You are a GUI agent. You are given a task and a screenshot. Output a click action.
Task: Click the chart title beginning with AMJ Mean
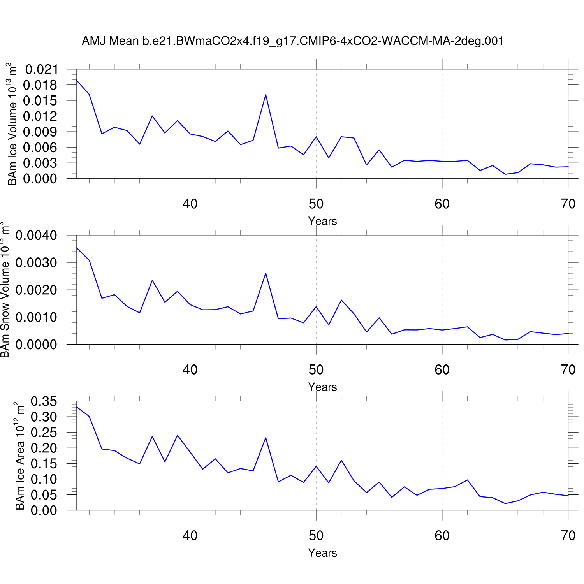(293, 41)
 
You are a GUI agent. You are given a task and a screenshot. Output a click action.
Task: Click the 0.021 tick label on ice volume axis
(41, 70)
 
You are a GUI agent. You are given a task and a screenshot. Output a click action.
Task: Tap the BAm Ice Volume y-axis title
(12, 124)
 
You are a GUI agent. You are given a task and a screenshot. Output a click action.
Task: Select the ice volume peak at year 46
(266, 95)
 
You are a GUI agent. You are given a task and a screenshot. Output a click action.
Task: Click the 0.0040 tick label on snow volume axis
(36, 236)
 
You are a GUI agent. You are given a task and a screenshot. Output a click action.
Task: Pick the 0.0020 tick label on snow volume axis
(36, 290)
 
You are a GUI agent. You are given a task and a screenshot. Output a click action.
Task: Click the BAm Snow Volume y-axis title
(5, 290)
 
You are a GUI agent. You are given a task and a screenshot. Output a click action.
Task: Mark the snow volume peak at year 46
(266, 273)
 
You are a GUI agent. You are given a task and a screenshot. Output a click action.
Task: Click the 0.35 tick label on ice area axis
(44, 401)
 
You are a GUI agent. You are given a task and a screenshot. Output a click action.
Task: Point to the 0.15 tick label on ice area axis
(44, 464)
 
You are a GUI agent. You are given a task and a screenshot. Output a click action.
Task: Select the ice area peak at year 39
(178, 435)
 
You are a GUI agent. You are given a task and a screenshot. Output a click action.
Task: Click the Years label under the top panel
(322, 221)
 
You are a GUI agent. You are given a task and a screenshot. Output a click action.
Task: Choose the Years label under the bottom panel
(322, 553)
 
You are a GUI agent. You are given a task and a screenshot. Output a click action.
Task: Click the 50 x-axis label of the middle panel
(316, 369)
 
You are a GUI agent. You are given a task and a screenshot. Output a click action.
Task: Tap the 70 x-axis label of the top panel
(568, 204)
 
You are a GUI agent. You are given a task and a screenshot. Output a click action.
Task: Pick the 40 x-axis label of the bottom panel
(190, 536)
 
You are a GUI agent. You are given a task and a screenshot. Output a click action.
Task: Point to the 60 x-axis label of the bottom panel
(442, 536)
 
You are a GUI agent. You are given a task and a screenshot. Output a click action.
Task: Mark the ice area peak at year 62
(467, 480)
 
